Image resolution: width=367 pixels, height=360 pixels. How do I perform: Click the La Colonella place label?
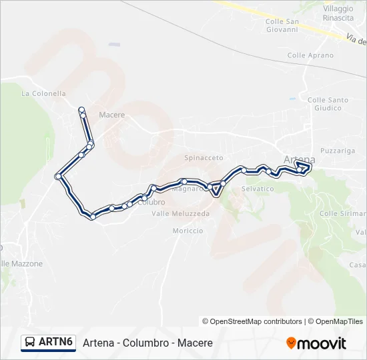[44, 94]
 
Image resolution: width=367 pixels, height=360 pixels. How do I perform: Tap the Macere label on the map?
[111, 115]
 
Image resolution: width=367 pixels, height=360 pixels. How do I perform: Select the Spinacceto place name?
[204, 158]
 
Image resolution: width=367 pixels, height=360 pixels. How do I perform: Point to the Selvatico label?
[258, 189]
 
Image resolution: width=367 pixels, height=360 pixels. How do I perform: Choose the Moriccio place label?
[188, 231]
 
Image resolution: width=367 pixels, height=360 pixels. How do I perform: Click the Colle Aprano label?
[310, 55]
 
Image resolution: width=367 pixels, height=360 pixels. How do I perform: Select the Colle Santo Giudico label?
[328, 104]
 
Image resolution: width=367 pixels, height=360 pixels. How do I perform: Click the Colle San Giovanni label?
[282, 25]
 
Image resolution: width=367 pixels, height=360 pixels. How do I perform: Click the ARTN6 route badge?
[47, 342]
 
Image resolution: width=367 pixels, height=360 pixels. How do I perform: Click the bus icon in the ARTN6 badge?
[30, 342]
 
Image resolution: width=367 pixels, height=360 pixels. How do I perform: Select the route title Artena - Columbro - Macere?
[147, 343]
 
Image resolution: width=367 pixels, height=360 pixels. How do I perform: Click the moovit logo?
[316, 343]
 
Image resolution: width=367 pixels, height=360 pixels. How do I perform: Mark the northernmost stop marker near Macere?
[81, 109]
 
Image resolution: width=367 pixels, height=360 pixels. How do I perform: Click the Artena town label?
[299, 159]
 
